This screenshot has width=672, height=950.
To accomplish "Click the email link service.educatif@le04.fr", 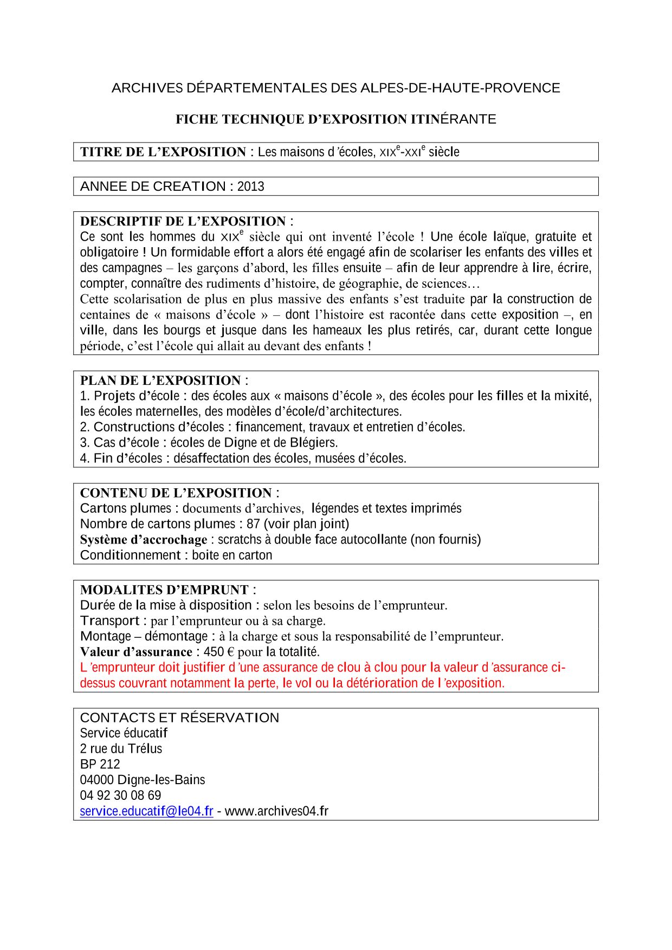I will [146, 811].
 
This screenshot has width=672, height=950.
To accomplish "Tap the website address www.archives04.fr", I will [276, 811].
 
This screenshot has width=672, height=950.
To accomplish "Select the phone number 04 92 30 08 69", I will [120, 796].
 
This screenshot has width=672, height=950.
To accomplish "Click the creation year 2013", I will [250, 186].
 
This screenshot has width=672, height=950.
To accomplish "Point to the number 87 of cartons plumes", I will [253, 524].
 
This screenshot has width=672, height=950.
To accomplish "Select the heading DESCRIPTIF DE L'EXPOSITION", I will [183, 221].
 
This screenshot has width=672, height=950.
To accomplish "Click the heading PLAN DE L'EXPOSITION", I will [160, 380].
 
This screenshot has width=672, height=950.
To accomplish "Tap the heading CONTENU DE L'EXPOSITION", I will [176, 493].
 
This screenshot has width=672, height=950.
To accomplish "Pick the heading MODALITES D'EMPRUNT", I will [164, 590].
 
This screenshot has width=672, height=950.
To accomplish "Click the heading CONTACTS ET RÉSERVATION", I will [179, 718].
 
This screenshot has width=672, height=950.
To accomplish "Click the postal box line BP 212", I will [100, 764].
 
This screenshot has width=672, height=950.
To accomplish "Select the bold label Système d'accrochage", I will [144, 540].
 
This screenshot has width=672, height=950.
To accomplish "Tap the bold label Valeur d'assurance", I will [136, 652].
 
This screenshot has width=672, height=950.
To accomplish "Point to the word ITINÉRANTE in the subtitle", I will [454, 119].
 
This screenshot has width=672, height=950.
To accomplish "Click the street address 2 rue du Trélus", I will [121, 749].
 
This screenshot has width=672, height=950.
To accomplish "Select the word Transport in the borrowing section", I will [109, 621].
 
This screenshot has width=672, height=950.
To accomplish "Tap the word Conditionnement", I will [130, 555].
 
